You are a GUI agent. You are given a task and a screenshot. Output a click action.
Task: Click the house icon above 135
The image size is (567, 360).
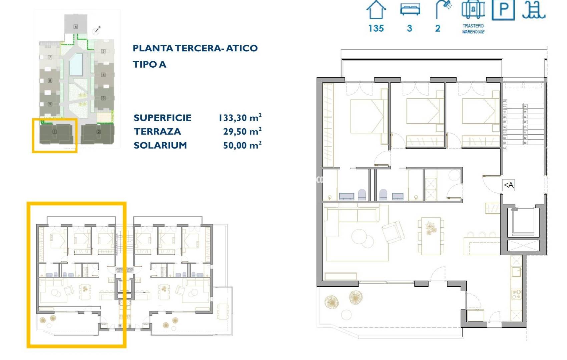pos(376,10)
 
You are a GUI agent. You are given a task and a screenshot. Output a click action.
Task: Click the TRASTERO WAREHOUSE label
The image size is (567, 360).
pos(473,29)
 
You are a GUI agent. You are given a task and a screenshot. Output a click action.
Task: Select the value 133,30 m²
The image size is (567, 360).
pos(240,118)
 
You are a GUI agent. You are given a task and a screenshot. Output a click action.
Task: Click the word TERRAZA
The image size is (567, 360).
pos(157,131)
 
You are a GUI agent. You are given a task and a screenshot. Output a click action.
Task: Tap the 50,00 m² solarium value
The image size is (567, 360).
pos(242,145)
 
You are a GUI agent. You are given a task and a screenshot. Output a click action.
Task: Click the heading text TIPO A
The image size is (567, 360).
pos(149,64)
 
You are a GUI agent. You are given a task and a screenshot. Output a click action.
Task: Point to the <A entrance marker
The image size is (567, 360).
pos(508,185)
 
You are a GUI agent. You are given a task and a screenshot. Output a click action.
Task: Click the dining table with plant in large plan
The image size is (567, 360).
pos(431,235)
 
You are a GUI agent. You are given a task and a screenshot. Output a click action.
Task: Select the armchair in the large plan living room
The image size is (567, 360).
pos(393,232)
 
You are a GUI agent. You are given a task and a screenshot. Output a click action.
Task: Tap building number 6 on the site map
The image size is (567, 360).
pos(76,26)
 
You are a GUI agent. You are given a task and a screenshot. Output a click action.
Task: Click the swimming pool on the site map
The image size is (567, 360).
pos(76,64)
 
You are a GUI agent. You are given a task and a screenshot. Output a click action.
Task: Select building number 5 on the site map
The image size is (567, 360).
pos(103,51)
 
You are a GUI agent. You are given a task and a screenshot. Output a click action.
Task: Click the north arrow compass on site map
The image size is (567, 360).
pos(97,30)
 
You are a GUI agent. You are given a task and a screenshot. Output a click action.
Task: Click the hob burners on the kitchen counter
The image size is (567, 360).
pos(516,294)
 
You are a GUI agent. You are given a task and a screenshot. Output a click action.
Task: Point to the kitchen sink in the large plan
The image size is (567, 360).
pos(516,272)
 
